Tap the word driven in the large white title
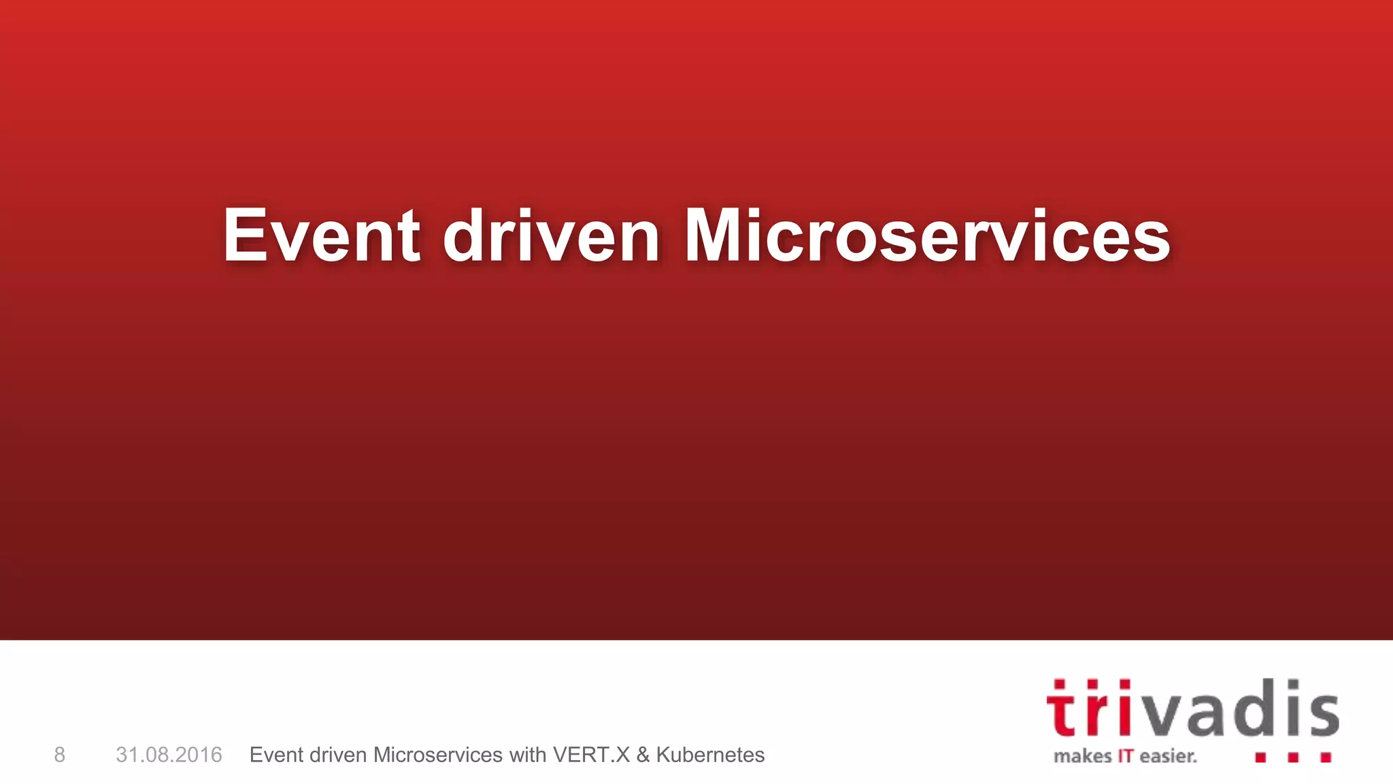[551, 235]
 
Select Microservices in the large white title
[927, 235]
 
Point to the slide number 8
[60, 755]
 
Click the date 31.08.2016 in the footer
[169, 755]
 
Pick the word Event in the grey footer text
[276, 755]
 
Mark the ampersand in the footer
[643, 755]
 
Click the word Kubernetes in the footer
[710, 755]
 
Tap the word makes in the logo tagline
[1082, 756]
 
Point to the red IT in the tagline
[1126, 756]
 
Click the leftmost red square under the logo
[1260, 757]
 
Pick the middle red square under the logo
[1293, 757]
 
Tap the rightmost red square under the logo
[1326, 757]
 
